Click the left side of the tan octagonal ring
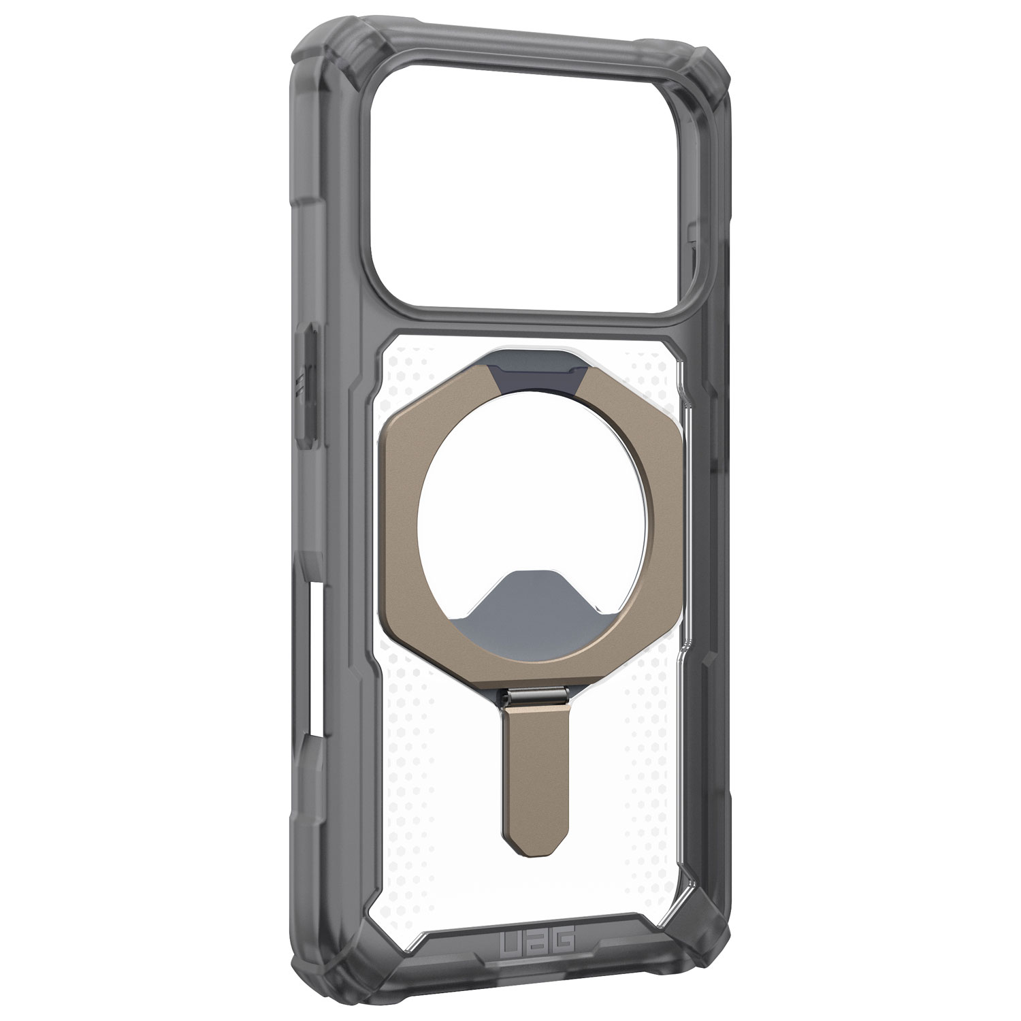402,524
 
